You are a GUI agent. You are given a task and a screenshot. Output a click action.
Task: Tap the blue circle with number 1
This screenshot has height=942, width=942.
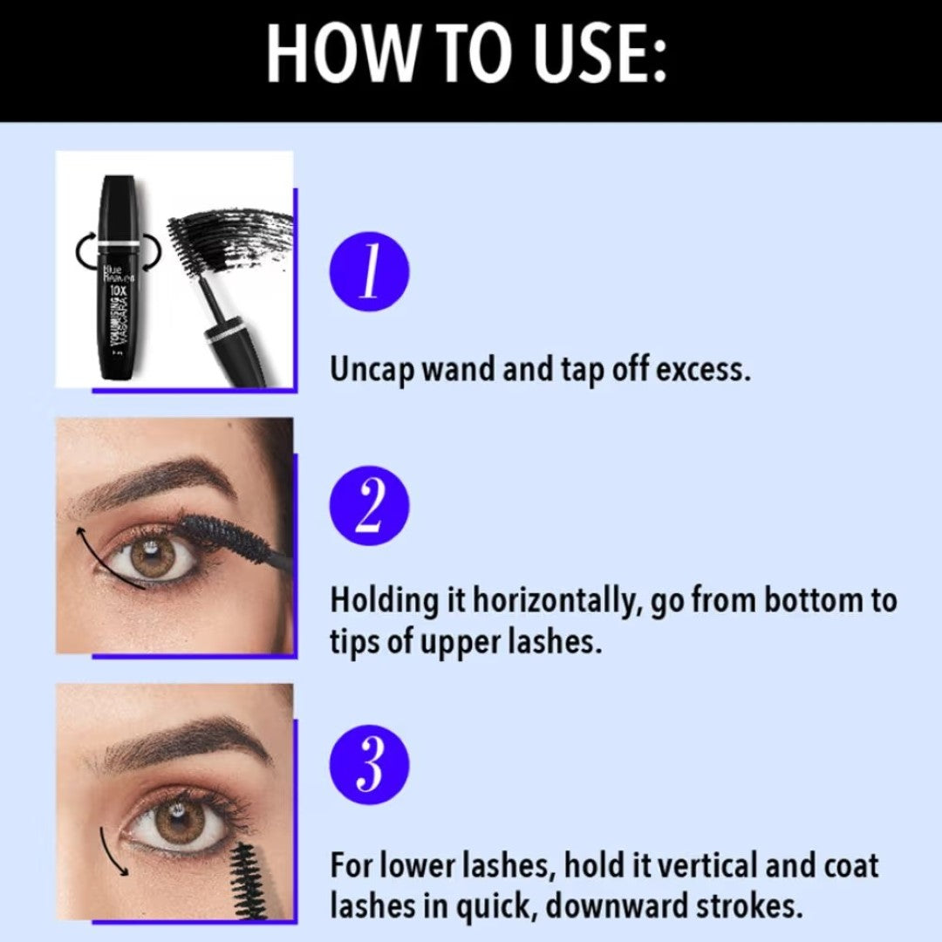pyautogui.click(x=369, y=271)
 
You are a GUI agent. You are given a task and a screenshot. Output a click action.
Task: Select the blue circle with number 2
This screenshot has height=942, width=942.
pyautogui.click(x=369, y=506)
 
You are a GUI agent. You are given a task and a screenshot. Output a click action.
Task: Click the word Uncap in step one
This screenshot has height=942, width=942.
pyautogui.click(x=372, y=370)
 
